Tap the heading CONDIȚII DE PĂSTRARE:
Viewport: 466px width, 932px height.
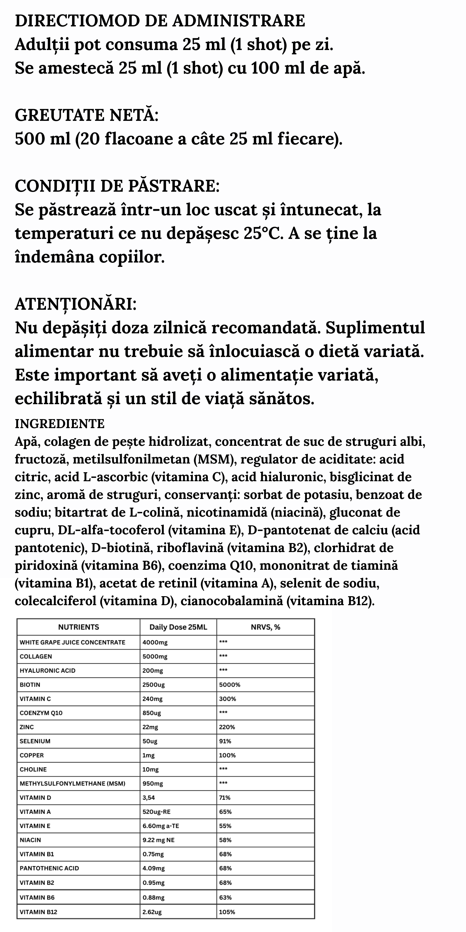coord(117,186)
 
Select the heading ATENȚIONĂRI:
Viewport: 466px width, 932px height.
coord(75,304)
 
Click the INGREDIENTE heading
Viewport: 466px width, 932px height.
coord(60,424)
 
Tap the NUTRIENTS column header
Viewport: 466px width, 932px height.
coord(79,627)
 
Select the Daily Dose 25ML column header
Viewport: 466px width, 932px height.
coord(178,627)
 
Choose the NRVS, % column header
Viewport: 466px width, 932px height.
coord(265,627)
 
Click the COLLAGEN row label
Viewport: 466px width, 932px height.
coord(36,656)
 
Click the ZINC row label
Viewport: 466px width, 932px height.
coord(27,727)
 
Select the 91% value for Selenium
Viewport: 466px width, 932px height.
coord(225,741)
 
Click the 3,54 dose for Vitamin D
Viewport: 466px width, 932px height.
coord(149,797)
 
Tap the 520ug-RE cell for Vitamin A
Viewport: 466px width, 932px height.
coord(156,811)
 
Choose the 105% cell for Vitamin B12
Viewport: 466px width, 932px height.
coord(227,912)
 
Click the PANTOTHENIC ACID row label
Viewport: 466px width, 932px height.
coord(49,868)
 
